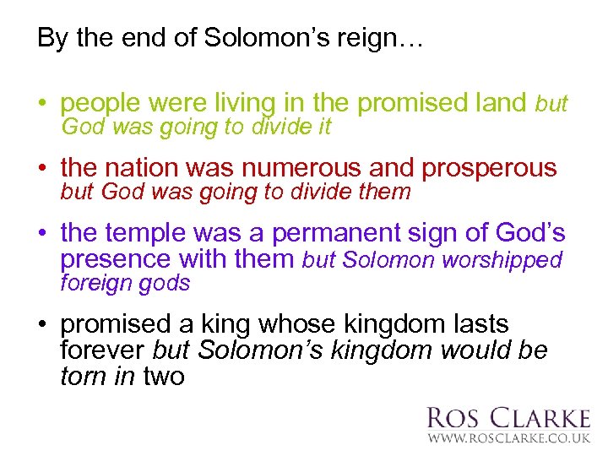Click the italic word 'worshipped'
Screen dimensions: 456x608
507,260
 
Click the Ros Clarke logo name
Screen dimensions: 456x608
508,418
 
